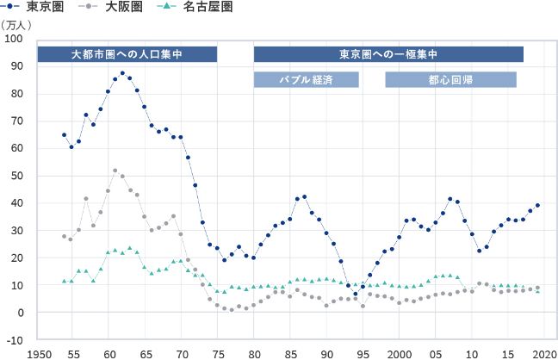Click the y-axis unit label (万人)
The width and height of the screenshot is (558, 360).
point(18,24)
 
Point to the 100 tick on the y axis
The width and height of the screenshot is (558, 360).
point(15,40)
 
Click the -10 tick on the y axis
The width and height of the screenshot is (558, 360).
point(15,339)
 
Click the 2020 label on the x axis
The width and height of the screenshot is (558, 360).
point(544,353)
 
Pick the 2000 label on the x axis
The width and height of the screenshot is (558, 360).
point(400,353)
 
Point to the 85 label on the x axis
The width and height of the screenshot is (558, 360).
point(290,353)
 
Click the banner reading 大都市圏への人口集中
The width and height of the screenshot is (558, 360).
point(127,54)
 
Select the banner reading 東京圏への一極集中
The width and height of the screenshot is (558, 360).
point(388,54)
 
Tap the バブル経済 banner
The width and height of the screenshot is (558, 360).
point(306,80)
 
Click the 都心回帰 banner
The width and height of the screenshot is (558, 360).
point(450,80)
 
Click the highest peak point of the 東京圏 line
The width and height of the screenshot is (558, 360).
point(122,73)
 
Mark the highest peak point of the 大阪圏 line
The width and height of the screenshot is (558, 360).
point(115,171)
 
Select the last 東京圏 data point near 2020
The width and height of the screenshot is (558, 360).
point(537,205)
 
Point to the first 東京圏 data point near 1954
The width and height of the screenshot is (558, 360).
point(65,134)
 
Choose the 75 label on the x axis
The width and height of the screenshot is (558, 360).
point(218,353)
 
